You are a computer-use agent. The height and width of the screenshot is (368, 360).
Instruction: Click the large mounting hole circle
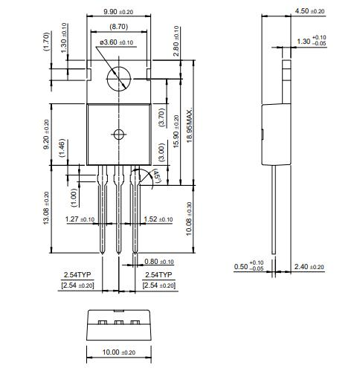click(119, 77)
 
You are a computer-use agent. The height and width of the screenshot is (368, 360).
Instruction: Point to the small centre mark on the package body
click(118, 135)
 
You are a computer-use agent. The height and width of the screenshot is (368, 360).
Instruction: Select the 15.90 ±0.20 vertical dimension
click(176, 131)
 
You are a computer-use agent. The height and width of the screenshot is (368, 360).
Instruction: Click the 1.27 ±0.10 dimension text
click(80, 219)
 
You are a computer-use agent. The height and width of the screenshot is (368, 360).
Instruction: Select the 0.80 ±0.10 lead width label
click(159, 262)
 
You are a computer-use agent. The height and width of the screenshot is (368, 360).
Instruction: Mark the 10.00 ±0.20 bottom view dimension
click(118, 352)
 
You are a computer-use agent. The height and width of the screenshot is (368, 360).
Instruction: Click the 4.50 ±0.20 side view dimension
click(310, 11)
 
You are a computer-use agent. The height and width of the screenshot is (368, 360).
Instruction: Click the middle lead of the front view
click(118, 216)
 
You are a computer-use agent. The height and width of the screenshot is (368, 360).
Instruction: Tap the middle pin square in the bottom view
click(118, 323)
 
